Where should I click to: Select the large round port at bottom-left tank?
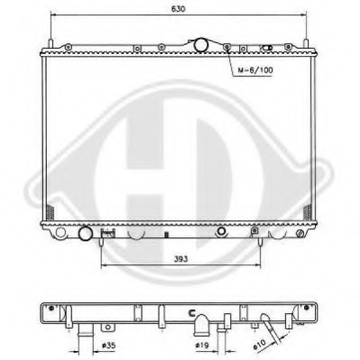(x=87, y=235)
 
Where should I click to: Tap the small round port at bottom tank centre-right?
(x=219, y=232)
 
